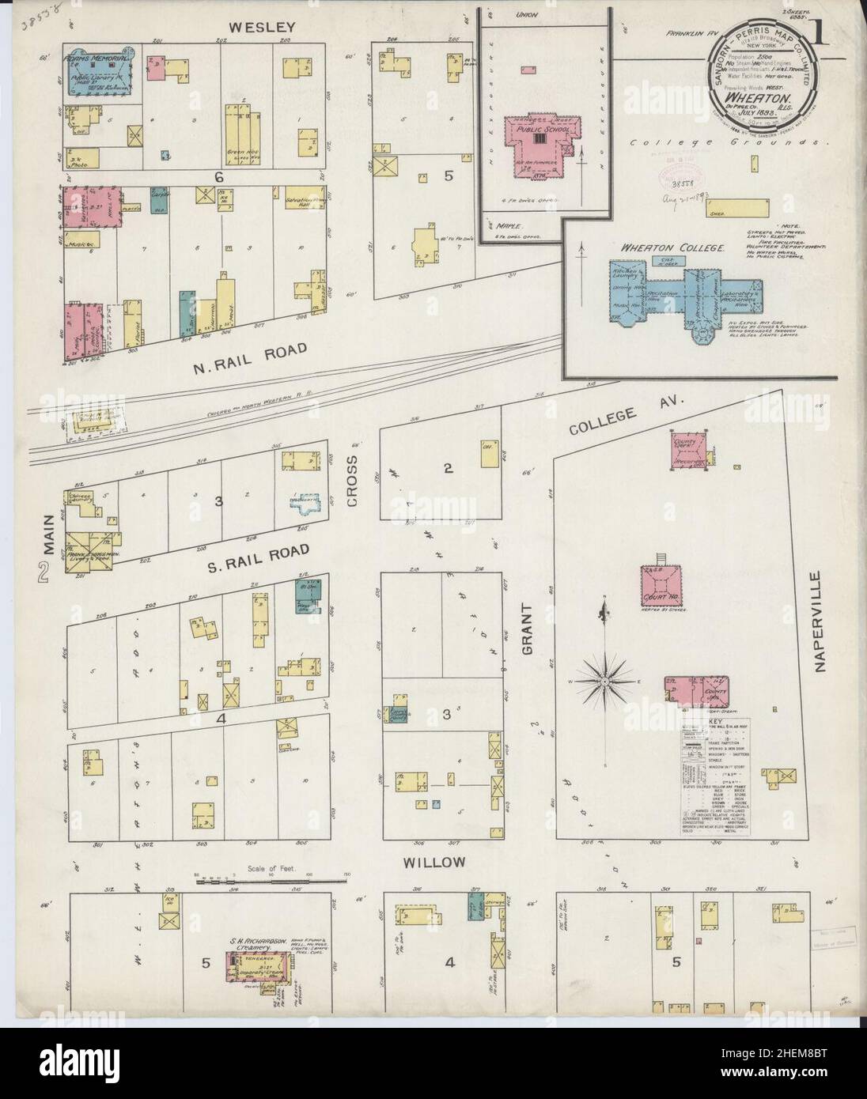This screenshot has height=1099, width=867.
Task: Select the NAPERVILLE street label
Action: coord(819,622)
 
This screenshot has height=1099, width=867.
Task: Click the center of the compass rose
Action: coord(605,680)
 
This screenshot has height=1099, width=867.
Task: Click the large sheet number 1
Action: coord(816,36)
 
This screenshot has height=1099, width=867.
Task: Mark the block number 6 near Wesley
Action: coord(218,178)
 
